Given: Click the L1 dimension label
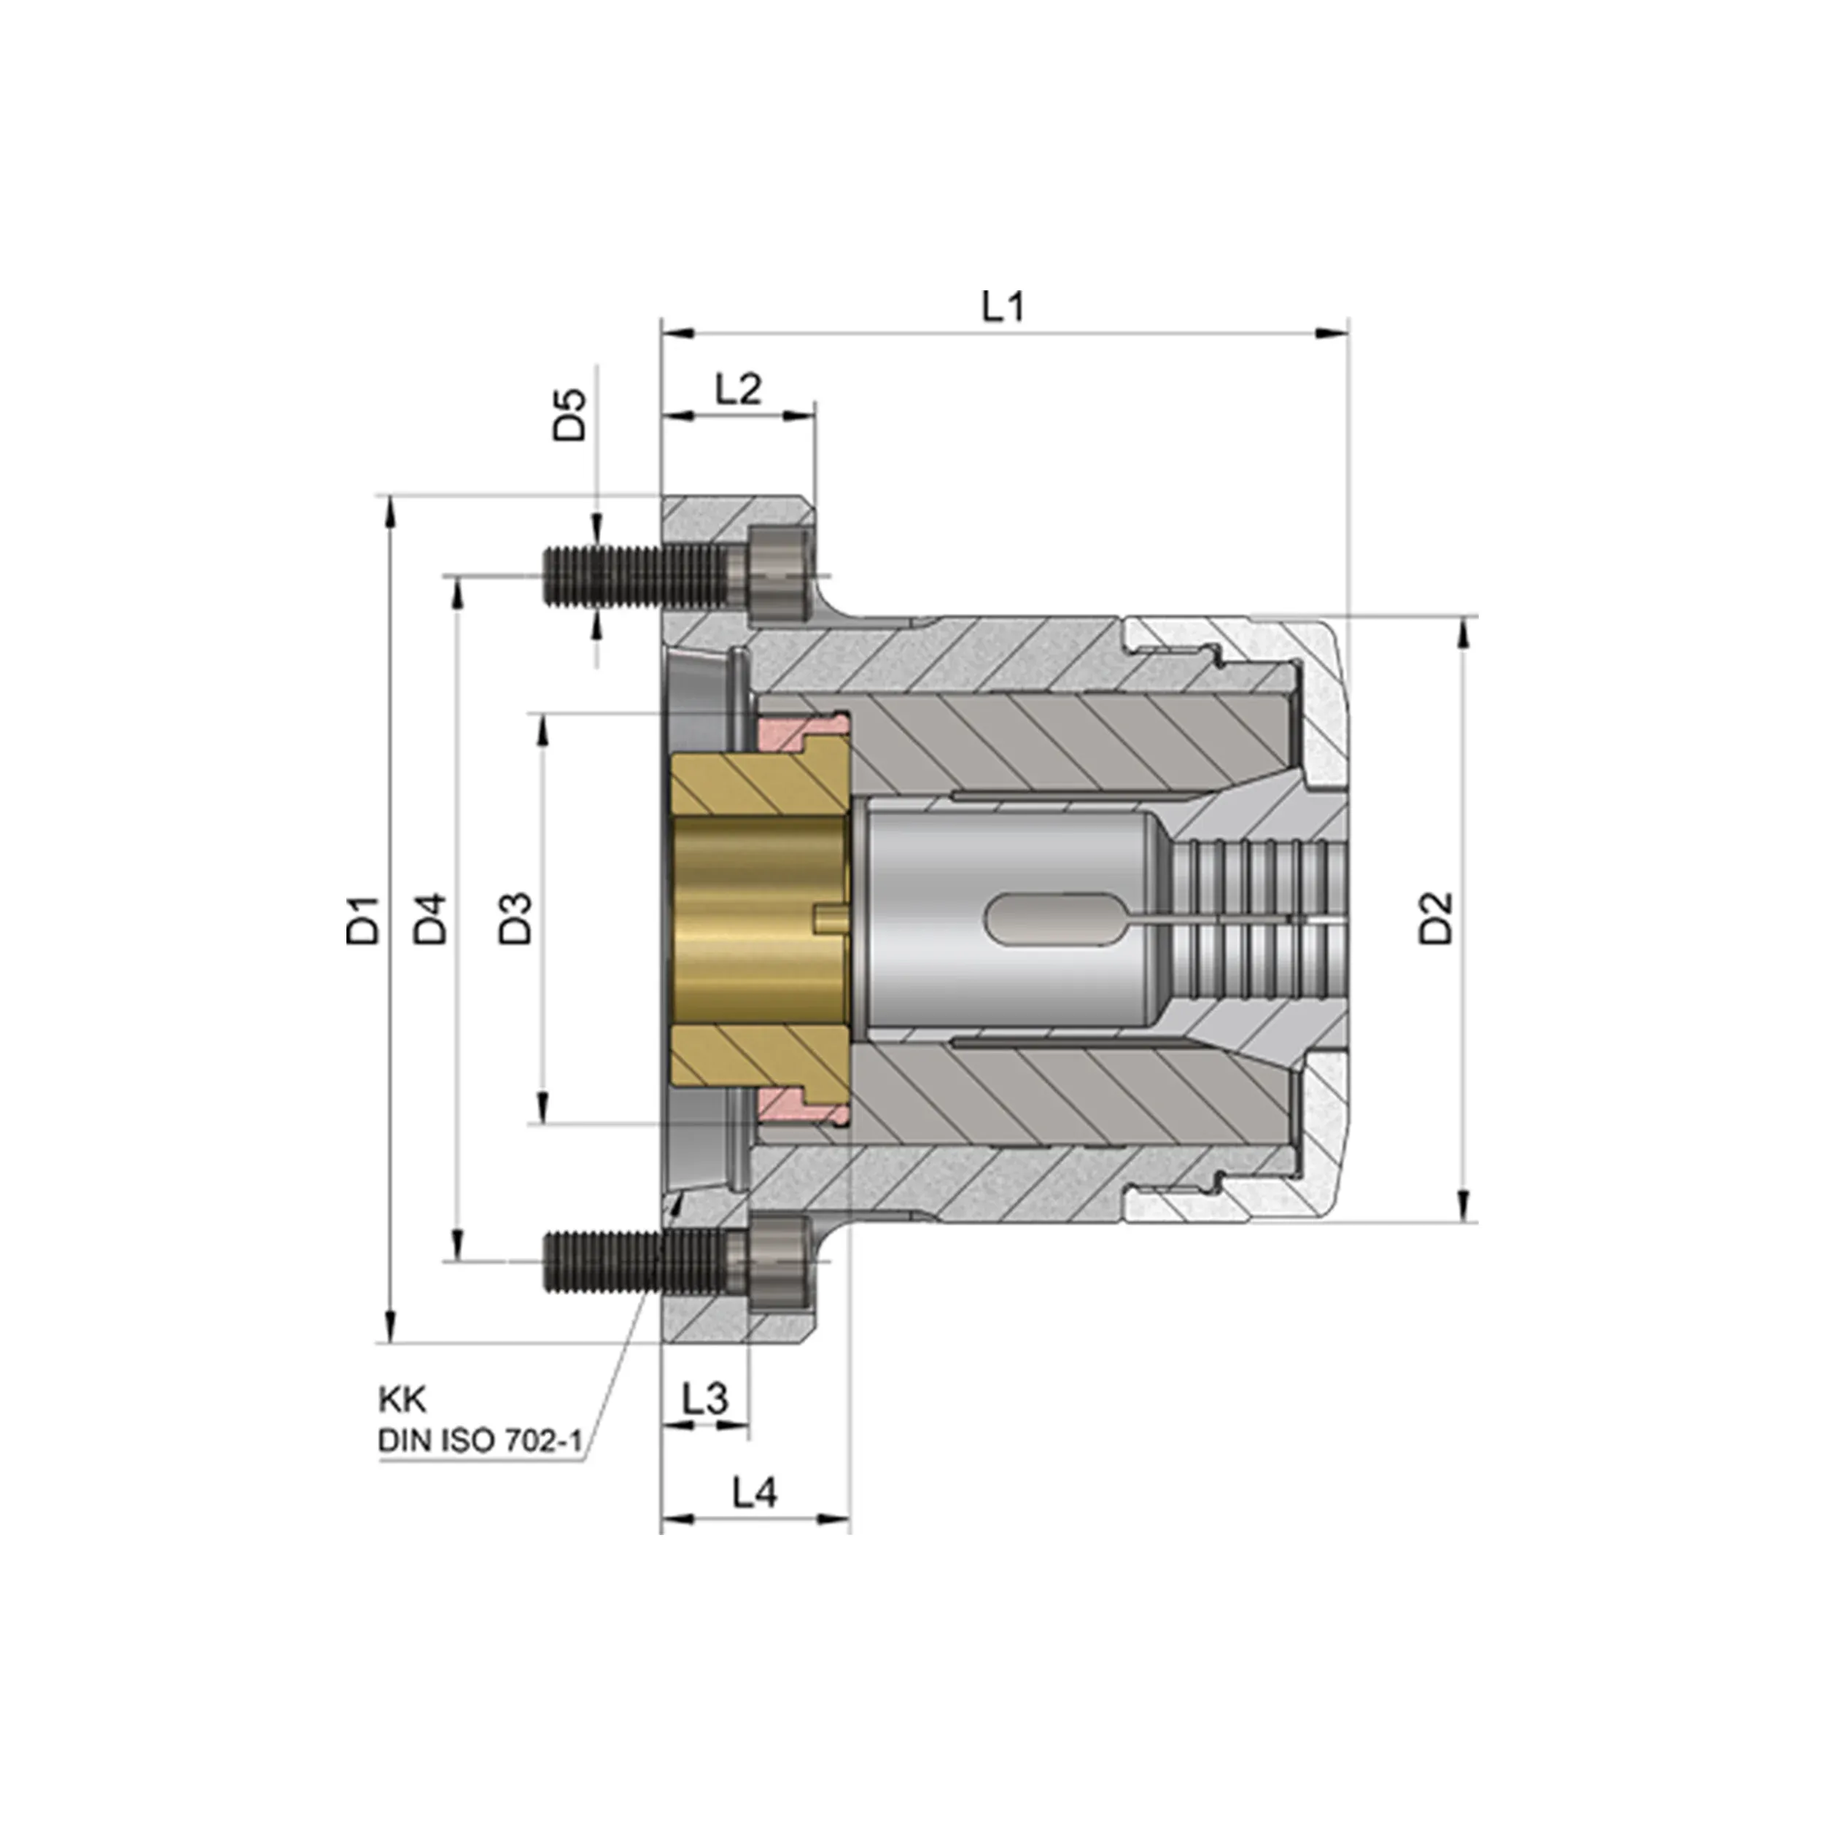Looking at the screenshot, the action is coord(1003,308).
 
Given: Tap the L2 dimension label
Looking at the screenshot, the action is coord(738,389).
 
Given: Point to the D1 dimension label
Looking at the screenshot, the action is coord(362,920).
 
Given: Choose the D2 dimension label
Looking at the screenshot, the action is coord(1436,918).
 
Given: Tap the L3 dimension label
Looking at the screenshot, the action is coord(706,1425).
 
